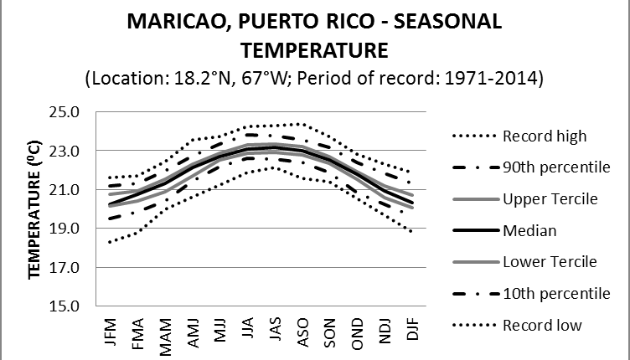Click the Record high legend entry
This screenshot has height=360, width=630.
pos(544,136)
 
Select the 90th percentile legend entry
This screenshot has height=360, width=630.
pos(555,167)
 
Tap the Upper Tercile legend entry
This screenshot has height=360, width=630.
pos(549,198)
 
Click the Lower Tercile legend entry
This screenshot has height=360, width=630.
pos(549,261)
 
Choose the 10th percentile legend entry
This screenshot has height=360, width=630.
pos(555,293)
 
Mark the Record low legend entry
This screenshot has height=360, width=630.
pos(542,325)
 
